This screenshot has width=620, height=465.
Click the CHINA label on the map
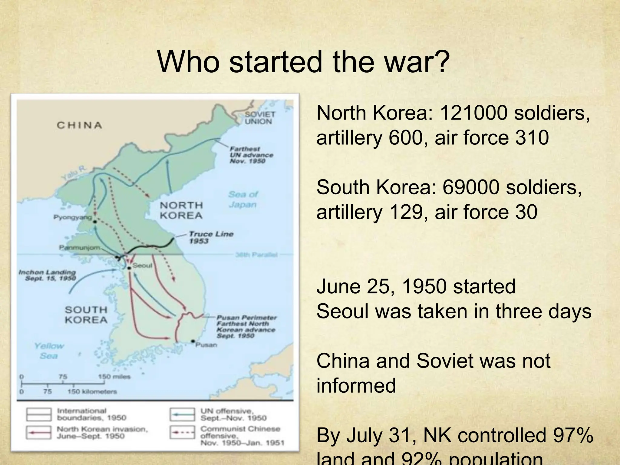click(79, 125)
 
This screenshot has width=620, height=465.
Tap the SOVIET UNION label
click(260, 118)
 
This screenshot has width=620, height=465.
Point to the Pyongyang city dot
click(95, 222)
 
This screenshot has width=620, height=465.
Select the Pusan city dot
click(193, 341)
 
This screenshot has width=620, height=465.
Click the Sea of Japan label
click(243, 199)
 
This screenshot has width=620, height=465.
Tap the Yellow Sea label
click(49, 350)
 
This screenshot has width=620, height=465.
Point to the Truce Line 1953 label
click(211, 237)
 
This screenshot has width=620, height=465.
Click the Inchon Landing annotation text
click(47, 275)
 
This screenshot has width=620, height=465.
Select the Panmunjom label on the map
click(79, 248)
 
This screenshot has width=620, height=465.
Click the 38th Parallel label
click(256, 255)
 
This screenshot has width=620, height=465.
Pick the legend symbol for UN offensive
click(182, 414)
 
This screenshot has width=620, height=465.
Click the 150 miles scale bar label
click(114, 377)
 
